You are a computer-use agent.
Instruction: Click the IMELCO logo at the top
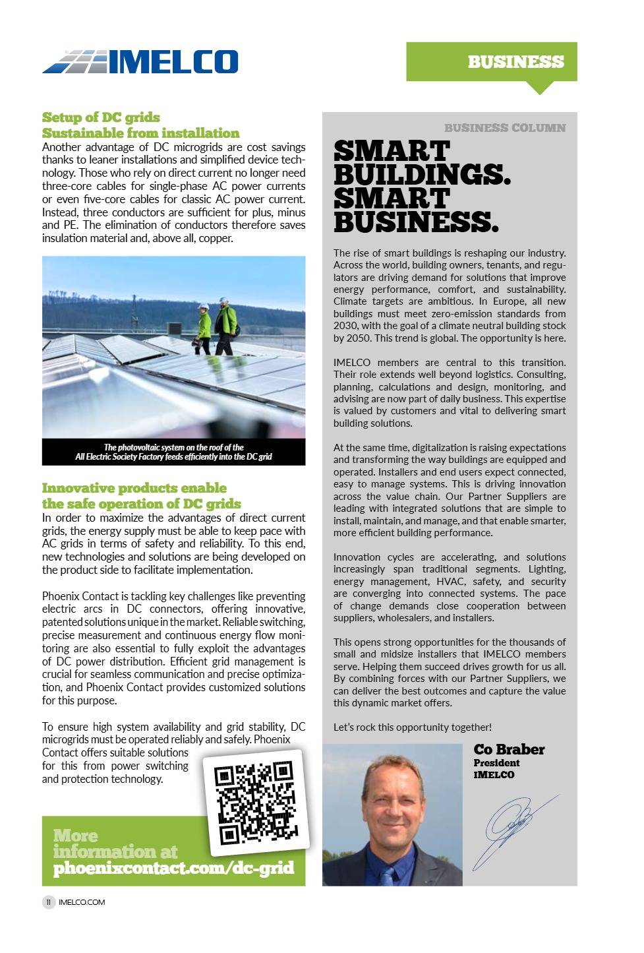click(140, 62)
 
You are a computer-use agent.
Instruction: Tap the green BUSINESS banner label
click(515, 62)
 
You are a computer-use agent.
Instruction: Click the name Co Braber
click(509, 749)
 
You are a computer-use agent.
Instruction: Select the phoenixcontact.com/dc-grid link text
click(173, 868)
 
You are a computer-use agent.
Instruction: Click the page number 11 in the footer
click(49, 902)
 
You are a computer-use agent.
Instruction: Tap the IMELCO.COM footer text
click(82, 902)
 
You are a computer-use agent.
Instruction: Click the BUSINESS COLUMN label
click(504, 128)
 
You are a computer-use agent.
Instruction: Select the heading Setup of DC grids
click(101, 117)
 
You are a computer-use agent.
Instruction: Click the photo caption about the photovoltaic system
click(173, 452)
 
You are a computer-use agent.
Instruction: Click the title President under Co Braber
click(496, 763)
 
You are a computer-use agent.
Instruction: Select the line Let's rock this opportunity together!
click(412, 727)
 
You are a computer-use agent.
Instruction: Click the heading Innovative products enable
click(134, 488)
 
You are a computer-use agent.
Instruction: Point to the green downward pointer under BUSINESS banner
click(541, 88)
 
